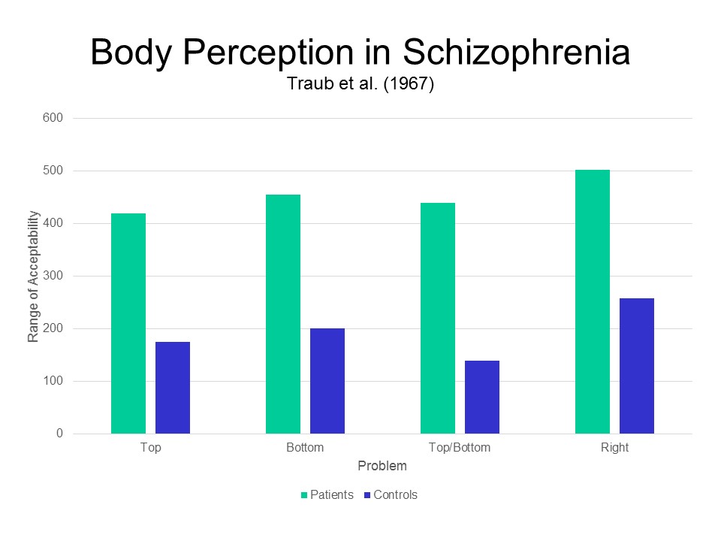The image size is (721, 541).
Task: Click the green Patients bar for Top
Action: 128,324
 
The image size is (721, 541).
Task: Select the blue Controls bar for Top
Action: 173,388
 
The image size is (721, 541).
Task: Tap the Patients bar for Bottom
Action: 283,314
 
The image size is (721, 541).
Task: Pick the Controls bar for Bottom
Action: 327,381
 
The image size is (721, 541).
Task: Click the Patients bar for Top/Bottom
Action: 438,319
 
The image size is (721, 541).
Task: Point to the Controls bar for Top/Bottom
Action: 482,397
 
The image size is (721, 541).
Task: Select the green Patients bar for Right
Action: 593,302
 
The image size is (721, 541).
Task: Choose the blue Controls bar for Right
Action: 637,366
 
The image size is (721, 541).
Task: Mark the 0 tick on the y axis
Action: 59,434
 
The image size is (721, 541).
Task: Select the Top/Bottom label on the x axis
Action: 460,448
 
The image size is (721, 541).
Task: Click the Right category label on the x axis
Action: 614,448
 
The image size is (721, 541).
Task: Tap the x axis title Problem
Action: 382,466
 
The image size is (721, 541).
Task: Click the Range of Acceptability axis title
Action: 33,276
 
